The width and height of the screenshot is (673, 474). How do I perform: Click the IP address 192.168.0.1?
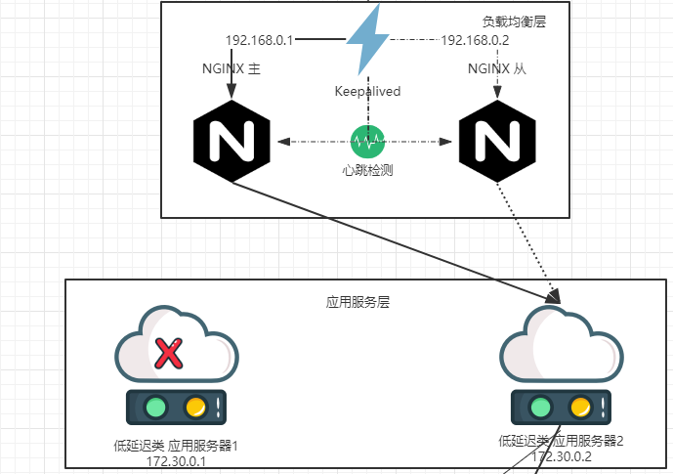[259, 40]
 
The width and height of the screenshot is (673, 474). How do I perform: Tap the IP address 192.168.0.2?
[475, 40]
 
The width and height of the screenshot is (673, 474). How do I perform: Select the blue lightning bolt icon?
[368, 39]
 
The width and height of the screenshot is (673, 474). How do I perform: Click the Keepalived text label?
[367, 91]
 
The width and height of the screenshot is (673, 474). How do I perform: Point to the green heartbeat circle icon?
[367, 142]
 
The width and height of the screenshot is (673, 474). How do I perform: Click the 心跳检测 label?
[367, 170]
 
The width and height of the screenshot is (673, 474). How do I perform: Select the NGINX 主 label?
[231, 68]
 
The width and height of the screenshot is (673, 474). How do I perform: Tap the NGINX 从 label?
[497, 68]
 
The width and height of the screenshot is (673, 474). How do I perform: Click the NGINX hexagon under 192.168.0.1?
[231, 142]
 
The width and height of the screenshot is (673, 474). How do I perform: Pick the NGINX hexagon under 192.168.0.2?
[497, 142]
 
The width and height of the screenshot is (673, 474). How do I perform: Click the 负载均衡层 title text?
[514, 22]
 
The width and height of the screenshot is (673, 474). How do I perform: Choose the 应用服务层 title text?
[358, 302]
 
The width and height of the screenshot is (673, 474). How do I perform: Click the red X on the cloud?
[169, 354]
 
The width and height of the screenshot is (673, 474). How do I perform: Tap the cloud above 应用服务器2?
[562, 343]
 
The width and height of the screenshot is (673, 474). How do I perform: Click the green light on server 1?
[155, 407]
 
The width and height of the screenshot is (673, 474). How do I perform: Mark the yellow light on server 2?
[580, 407]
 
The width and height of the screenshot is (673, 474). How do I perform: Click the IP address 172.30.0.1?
[176, 461]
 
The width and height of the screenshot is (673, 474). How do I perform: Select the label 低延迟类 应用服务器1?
[176, 446]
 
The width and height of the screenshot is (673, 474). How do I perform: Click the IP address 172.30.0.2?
[562, 456]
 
